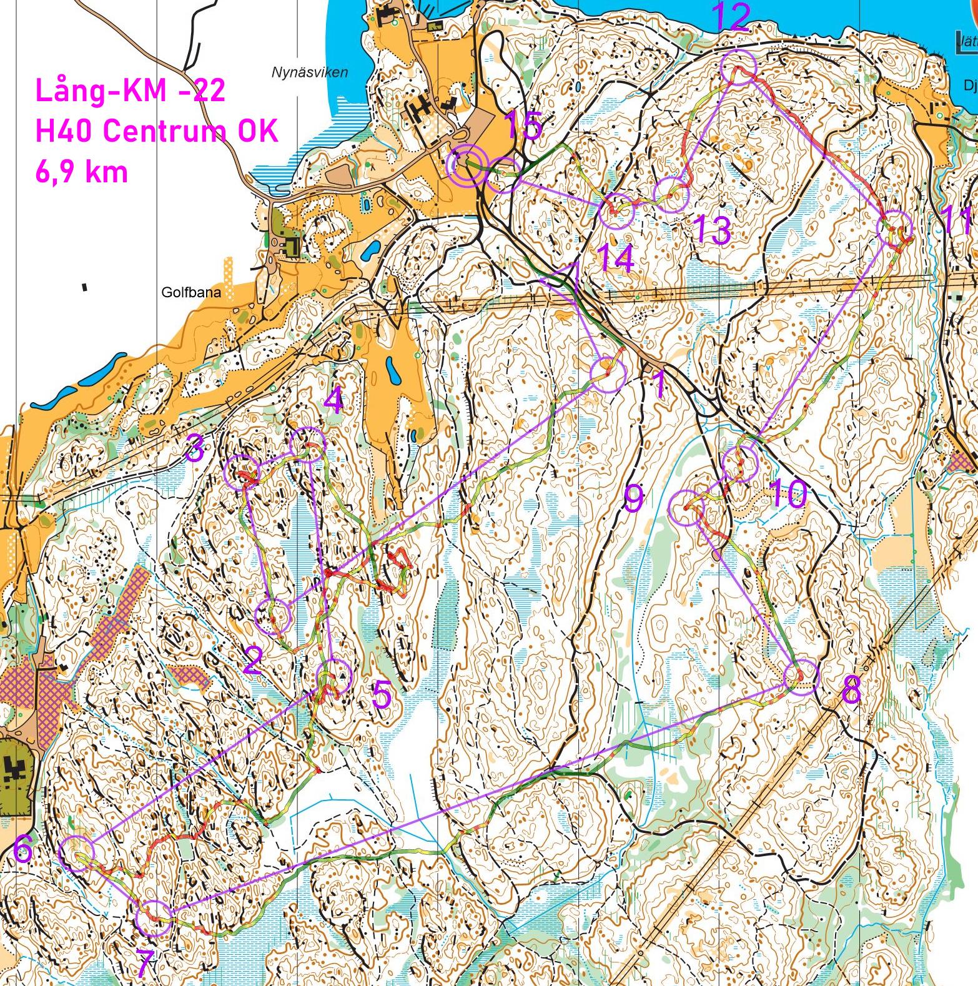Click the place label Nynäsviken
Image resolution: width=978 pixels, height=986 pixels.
(x=310, y=72)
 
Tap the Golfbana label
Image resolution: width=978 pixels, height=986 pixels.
(x=191, y=292)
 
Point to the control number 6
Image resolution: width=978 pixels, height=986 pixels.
(x=23, y=850)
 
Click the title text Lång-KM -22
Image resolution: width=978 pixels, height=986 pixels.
(x=130, y=91)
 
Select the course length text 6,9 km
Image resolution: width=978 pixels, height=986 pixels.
(x=81, y=171)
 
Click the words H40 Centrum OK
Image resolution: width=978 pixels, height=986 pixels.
(x=156, y=131)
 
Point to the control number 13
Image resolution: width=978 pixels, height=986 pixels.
(x=712, y=231)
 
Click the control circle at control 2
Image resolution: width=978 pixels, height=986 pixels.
(x=274, y=617)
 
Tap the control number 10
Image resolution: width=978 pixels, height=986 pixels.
(x=788, y=496)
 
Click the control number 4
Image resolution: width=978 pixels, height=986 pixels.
(x=333, y=400)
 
